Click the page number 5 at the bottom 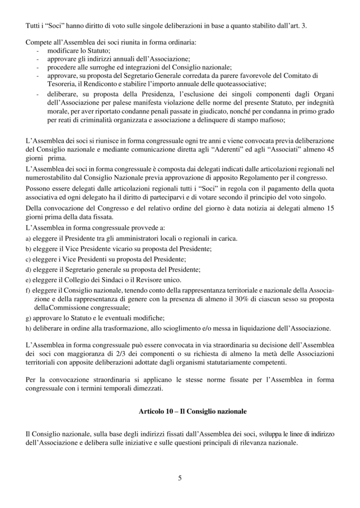coord(180,478)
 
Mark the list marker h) coord(28,328)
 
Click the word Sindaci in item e coord(102,280)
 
